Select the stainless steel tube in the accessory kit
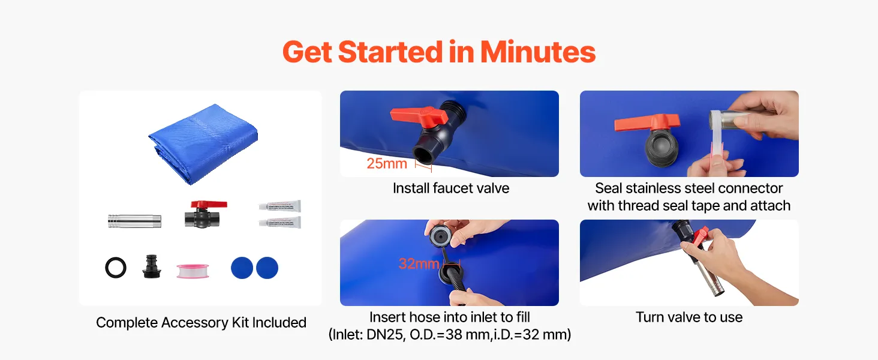[134, 221]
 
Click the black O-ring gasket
[116, 268]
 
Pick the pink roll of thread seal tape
[193, 271]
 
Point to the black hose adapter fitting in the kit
[151, 266]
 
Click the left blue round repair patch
[242, 268]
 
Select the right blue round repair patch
[267, 268]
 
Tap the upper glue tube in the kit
[280, 206]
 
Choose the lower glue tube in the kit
[280, 223]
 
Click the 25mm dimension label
[387, 164]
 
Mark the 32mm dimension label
[419, 263]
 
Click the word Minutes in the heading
[538, 52]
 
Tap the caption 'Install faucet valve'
[451, 188]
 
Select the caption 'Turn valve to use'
[689, 317]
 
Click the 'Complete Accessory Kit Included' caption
[201, 323]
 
